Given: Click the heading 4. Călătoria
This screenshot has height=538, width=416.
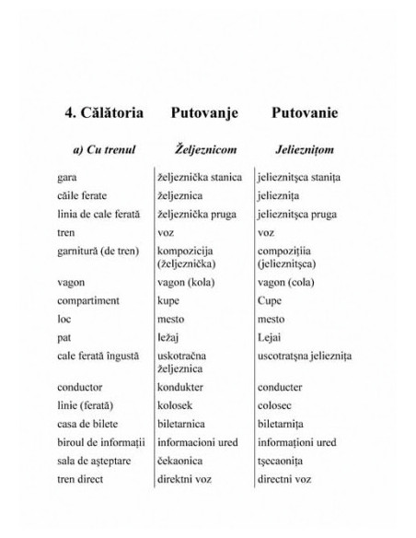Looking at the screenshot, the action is pos(103,113).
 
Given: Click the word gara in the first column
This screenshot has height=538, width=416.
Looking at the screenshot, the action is pos(67,177).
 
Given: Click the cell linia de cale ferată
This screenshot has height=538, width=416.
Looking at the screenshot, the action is pos(98,214).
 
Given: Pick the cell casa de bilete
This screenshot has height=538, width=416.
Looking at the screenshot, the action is pos(87,424).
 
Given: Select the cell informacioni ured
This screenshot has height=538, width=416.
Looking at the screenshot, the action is pos(196,442).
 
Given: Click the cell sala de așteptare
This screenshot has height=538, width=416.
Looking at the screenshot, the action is pos(92,461).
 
